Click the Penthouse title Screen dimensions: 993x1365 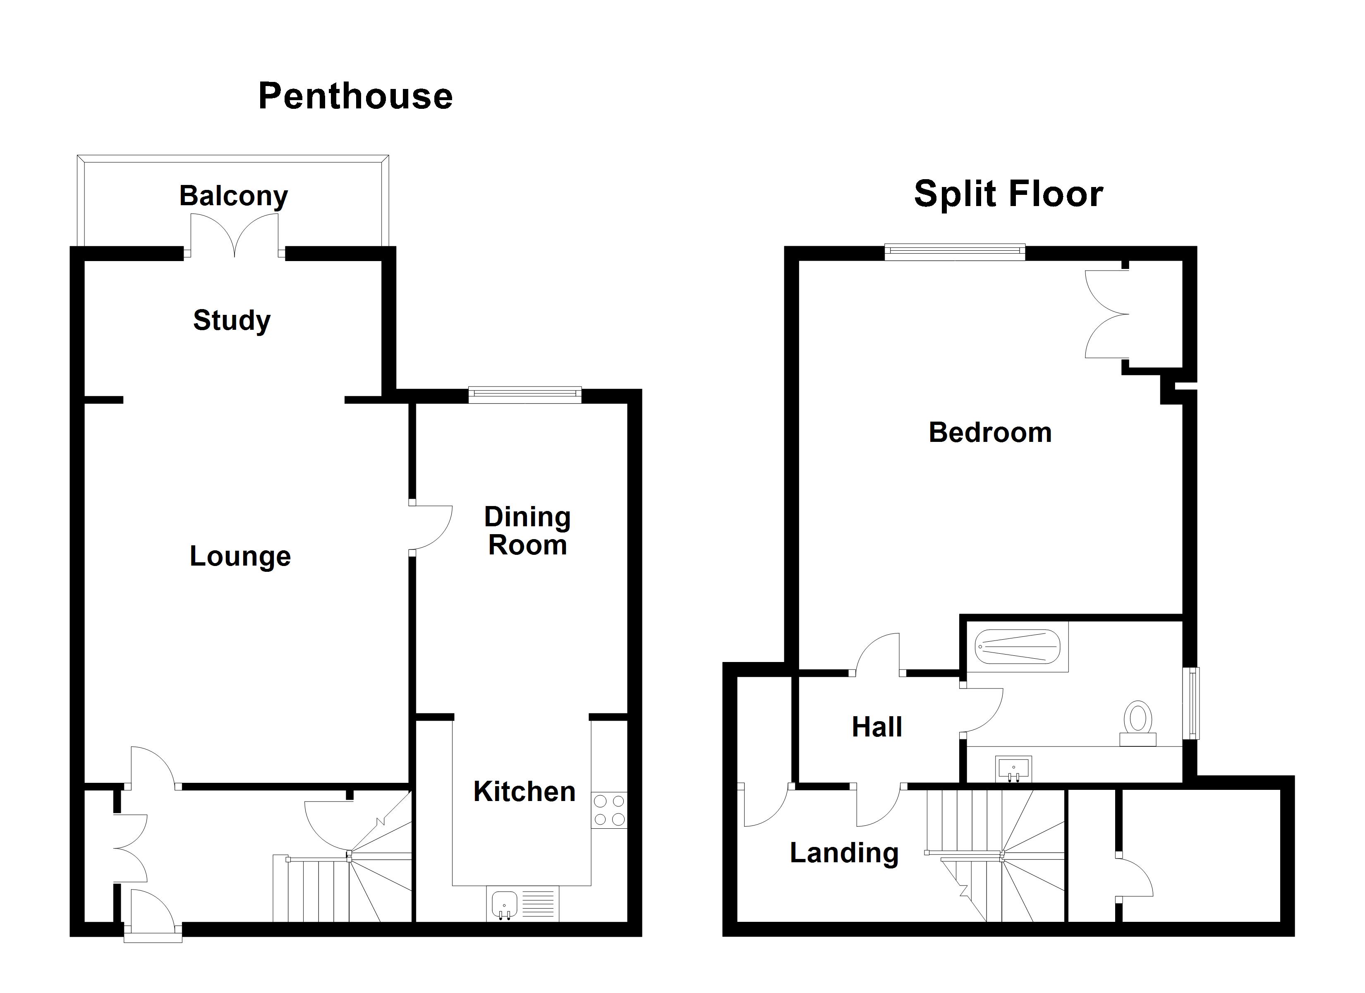click(x=355, y=96)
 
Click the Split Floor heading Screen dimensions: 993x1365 click(x=1008, y=194)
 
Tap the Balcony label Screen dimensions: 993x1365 click(x=234, y=196)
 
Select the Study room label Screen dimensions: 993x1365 click(x=232, y=320)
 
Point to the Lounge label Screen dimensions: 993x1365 click(x=240, y=556)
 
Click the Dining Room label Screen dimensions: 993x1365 click(x=527, y=531)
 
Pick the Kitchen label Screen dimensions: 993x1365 click(x=524, y=791)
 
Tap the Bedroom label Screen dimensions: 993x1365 click(x=990, y=432)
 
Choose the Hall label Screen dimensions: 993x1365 click(x=877, y=727)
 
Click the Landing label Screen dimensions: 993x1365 click(x=844, y=853)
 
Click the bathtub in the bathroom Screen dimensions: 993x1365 click(x=1017, y=648)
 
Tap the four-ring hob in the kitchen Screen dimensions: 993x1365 click(x=609, y=810)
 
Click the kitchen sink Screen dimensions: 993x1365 click(x=504, y=905)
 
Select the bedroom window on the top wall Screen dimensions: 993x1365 click(x=955, y=251)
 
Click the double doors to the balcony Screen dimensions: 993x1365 click(x=235, y=236)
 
